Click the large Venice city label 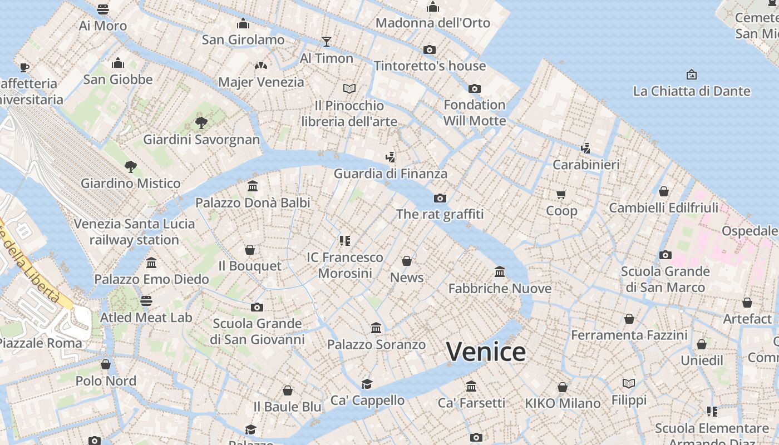pos(485,352)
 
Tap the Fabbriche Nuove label pos(500,288)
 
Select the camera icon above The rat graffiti pos(440,198)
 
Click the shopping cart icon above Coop pos(561,194)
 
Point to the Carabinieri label pos(586,165)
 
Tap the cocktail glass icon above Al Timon pos(327,42)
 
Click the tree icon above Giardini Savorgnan pos(201,123)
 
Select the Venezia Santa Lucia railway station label pos(134,232)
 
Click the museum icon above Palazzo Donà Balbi pos(253,186)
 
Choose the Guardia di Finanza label pos(390,174)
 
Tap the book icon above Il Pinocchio pos(349,88)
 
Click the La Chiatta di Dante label pos(692,91)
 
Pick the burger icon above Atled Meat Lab pos(146,301)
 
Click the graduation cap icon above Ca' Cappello pos(367,384)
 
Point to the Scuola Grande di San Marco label pos(665,279)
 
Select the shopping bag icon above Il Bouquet pos(250,250)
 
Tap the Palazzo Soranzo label pos(376,345)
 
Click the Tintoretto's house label pos(430,66)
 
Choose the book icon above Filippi pos(629,383)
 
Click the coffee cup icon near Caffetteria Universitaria pos(24,67)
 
